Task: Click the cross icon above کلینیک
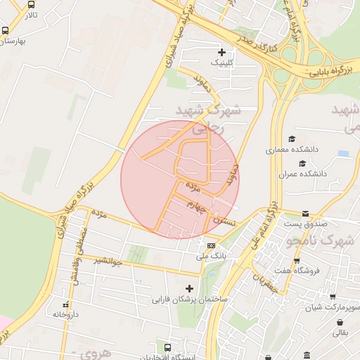(x=222, y=52)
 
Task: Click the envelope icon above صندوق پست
(x=305, y=213)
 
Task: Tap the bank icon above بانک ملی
(x=212, y=245)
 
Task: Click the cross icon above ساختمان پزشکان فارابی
(x=188, y=288)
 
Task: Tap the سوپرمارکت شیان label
(x=335, y=308)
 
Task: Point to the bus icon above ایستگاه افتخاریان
(x=167, y=347)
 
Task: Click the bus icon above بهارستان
(x=6, y=31)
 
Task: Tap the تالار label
(x=29, y=14)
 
